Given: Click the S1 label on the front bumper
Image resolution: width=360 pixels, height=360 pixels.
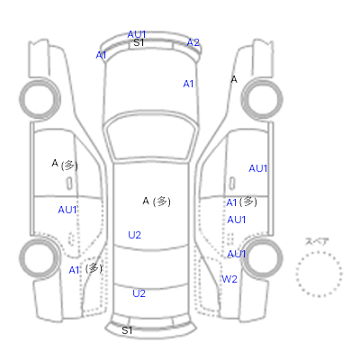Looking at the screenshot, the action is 139,42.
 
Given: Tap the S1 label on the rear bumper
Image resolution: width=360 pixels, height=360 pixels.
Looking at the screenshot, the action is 127,330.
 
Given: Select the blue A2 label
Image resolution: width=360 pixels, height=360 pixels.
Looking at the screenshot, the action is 193,42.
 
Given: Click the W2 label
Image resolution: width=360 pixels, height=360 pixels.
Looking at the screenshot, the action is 229,279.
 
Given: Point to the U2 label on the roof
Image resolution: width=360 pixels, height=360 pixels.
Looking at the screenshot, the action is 134,235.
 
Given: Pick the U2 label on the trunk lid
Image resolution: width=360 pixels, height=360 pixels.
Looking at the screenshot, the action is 139,293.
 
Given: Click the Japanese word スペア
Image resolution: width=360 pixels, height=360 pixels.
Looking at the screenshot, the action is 317,241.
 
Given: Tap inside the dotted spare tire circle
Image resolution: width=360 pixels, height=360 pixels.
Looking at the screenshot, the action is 319,274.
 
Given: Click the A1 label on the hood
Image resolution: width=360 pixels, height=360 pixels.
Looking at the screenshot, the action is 188,84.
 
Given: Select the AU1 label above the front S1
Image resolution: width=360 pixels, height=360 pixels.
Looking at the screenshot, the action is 137,34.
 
